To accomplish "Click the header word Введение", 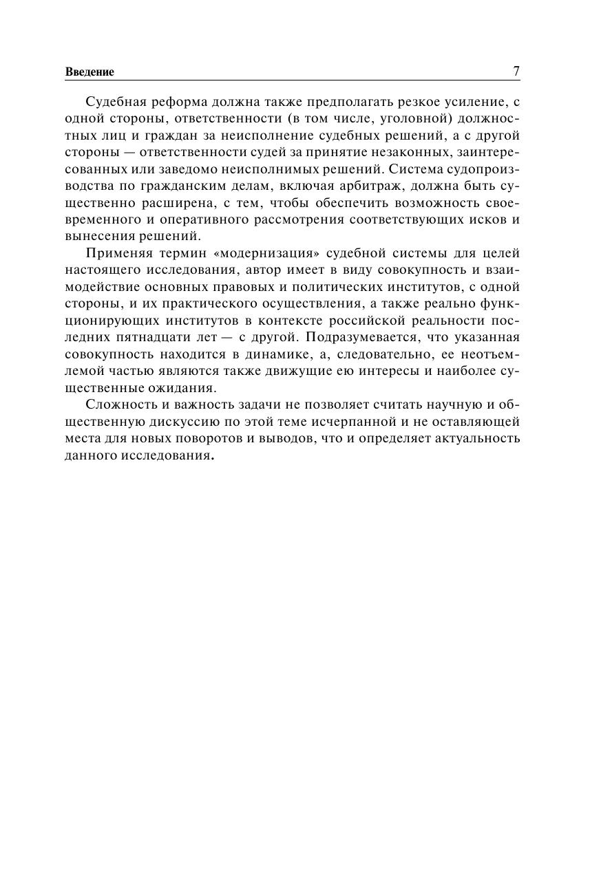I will [89, 72].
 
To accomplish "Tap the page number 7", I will [516, 71].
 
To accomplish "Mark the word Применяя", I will [114, 253].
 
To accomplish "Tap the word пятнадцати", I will [142, 337].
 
